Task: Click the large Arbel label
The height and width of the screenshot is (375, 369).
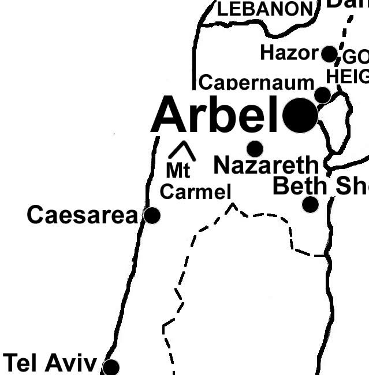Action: [215, 115]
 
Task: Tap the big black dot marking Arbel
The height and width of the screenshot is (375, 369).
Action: [300, 115]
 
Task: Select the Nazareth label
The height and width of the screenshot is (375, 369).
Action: [266, 166]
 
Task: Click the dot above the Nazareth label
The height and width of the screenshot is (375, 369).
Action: [255, 148]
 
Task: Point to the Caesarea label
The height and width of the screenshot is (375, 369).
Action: [83, 215]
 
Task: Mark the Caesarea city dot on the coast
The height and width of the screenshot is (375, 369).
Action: [152, 215]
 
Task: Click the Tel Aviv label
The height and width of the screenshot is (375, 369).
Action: [50, 363]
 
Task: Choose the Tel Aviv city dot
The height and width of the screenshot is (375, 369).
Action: [110, 367]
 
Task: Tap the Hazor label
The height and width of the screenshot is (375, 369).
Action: [289, 53]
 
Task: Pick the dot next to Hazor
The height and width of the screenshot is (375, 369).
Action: [329, 54]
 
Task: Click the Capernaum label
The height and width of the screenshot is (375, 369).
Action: [256, 83]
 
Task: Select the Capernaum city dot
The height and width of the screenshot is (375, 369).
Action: [322, 95]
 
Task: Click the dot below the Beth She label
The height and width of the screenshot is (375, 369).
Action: [310, 204]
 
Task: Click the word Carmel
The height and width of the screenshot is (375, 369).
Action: [195, 192]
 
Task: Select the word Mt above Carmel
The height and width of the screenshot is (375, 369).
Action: [178, 171]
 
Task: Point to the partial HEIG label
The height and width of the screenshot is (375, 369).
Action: [347, 76]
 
